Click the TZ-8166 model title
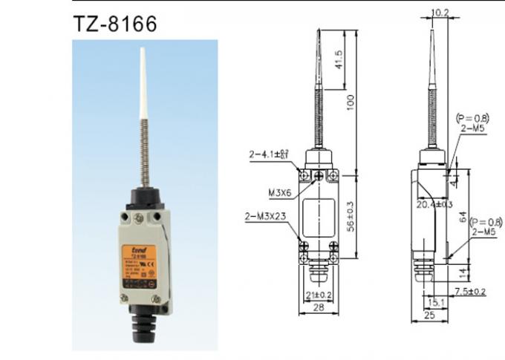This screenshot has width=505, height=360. [114, 23]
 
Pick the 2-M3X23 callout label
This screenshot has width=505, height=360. [268, 217]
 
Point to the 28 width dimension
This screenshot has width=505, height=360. [317, 306]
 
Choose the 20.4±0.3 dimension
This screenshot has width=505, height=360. [433, 203]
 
